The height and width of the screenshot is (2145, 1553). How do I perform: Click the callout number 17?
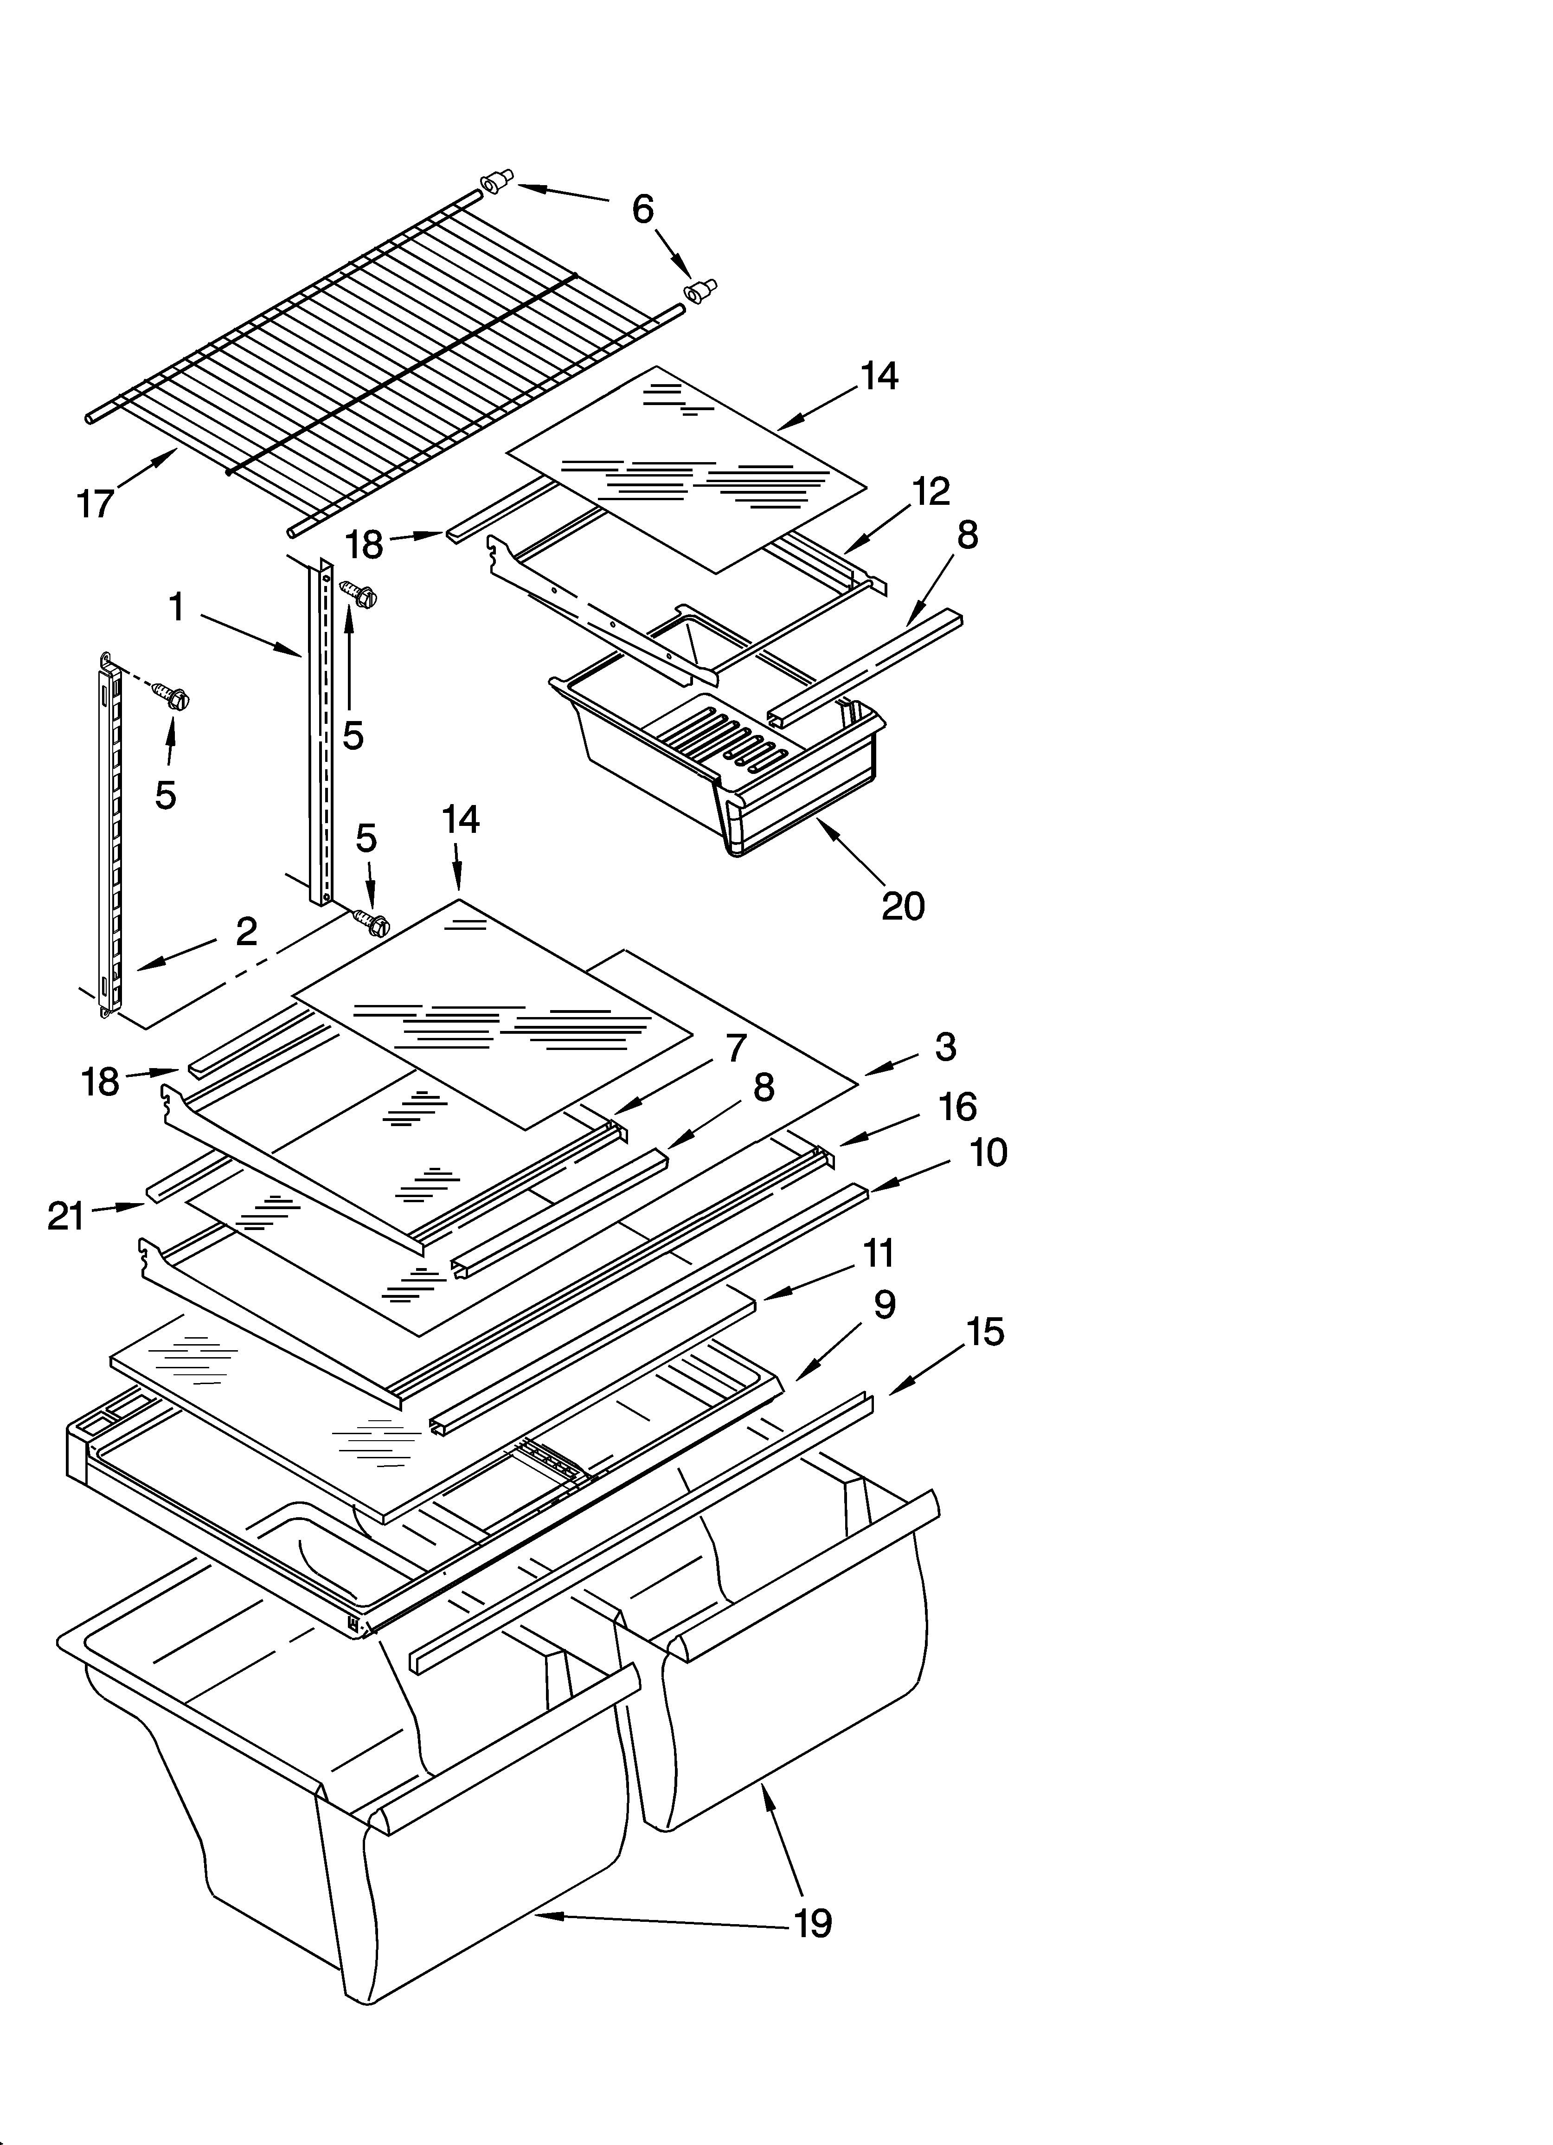[96, 504]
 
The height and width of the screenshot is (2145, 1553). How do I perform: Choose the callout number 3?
[945, 1047]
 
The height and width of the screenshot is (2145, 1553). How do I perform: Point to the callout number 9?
[883, 1304]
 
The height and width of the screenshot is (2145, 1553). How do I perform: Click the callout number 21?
[66, 1216]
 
